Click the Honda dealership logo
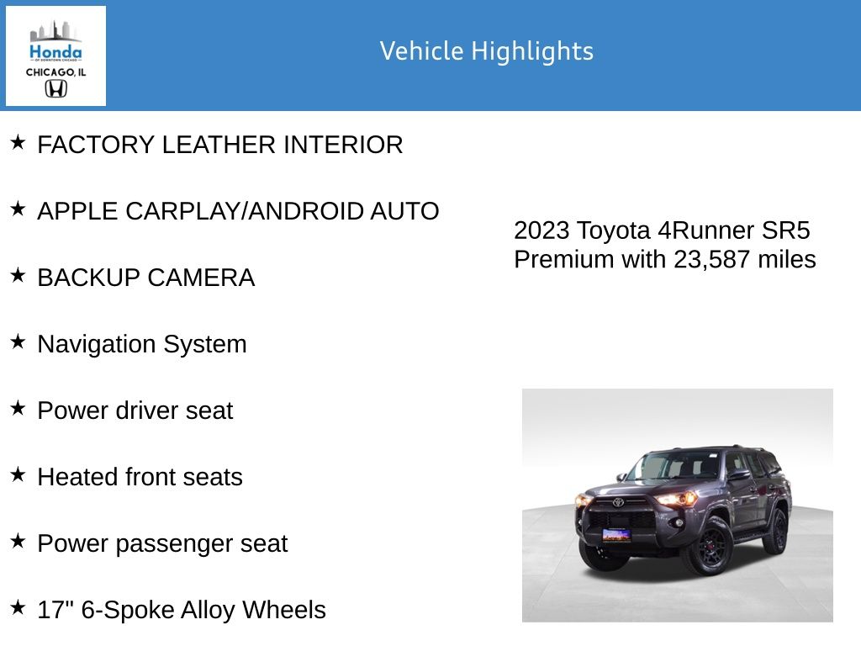click(55, 56)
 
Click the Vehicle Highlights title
click(486, 51)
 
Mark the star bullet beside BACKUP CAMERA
click(18, 275)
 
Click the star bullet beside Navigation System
click(18, 342)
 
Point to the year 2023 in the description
click(541, 230)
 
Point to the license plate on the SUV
click(615, 535)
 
